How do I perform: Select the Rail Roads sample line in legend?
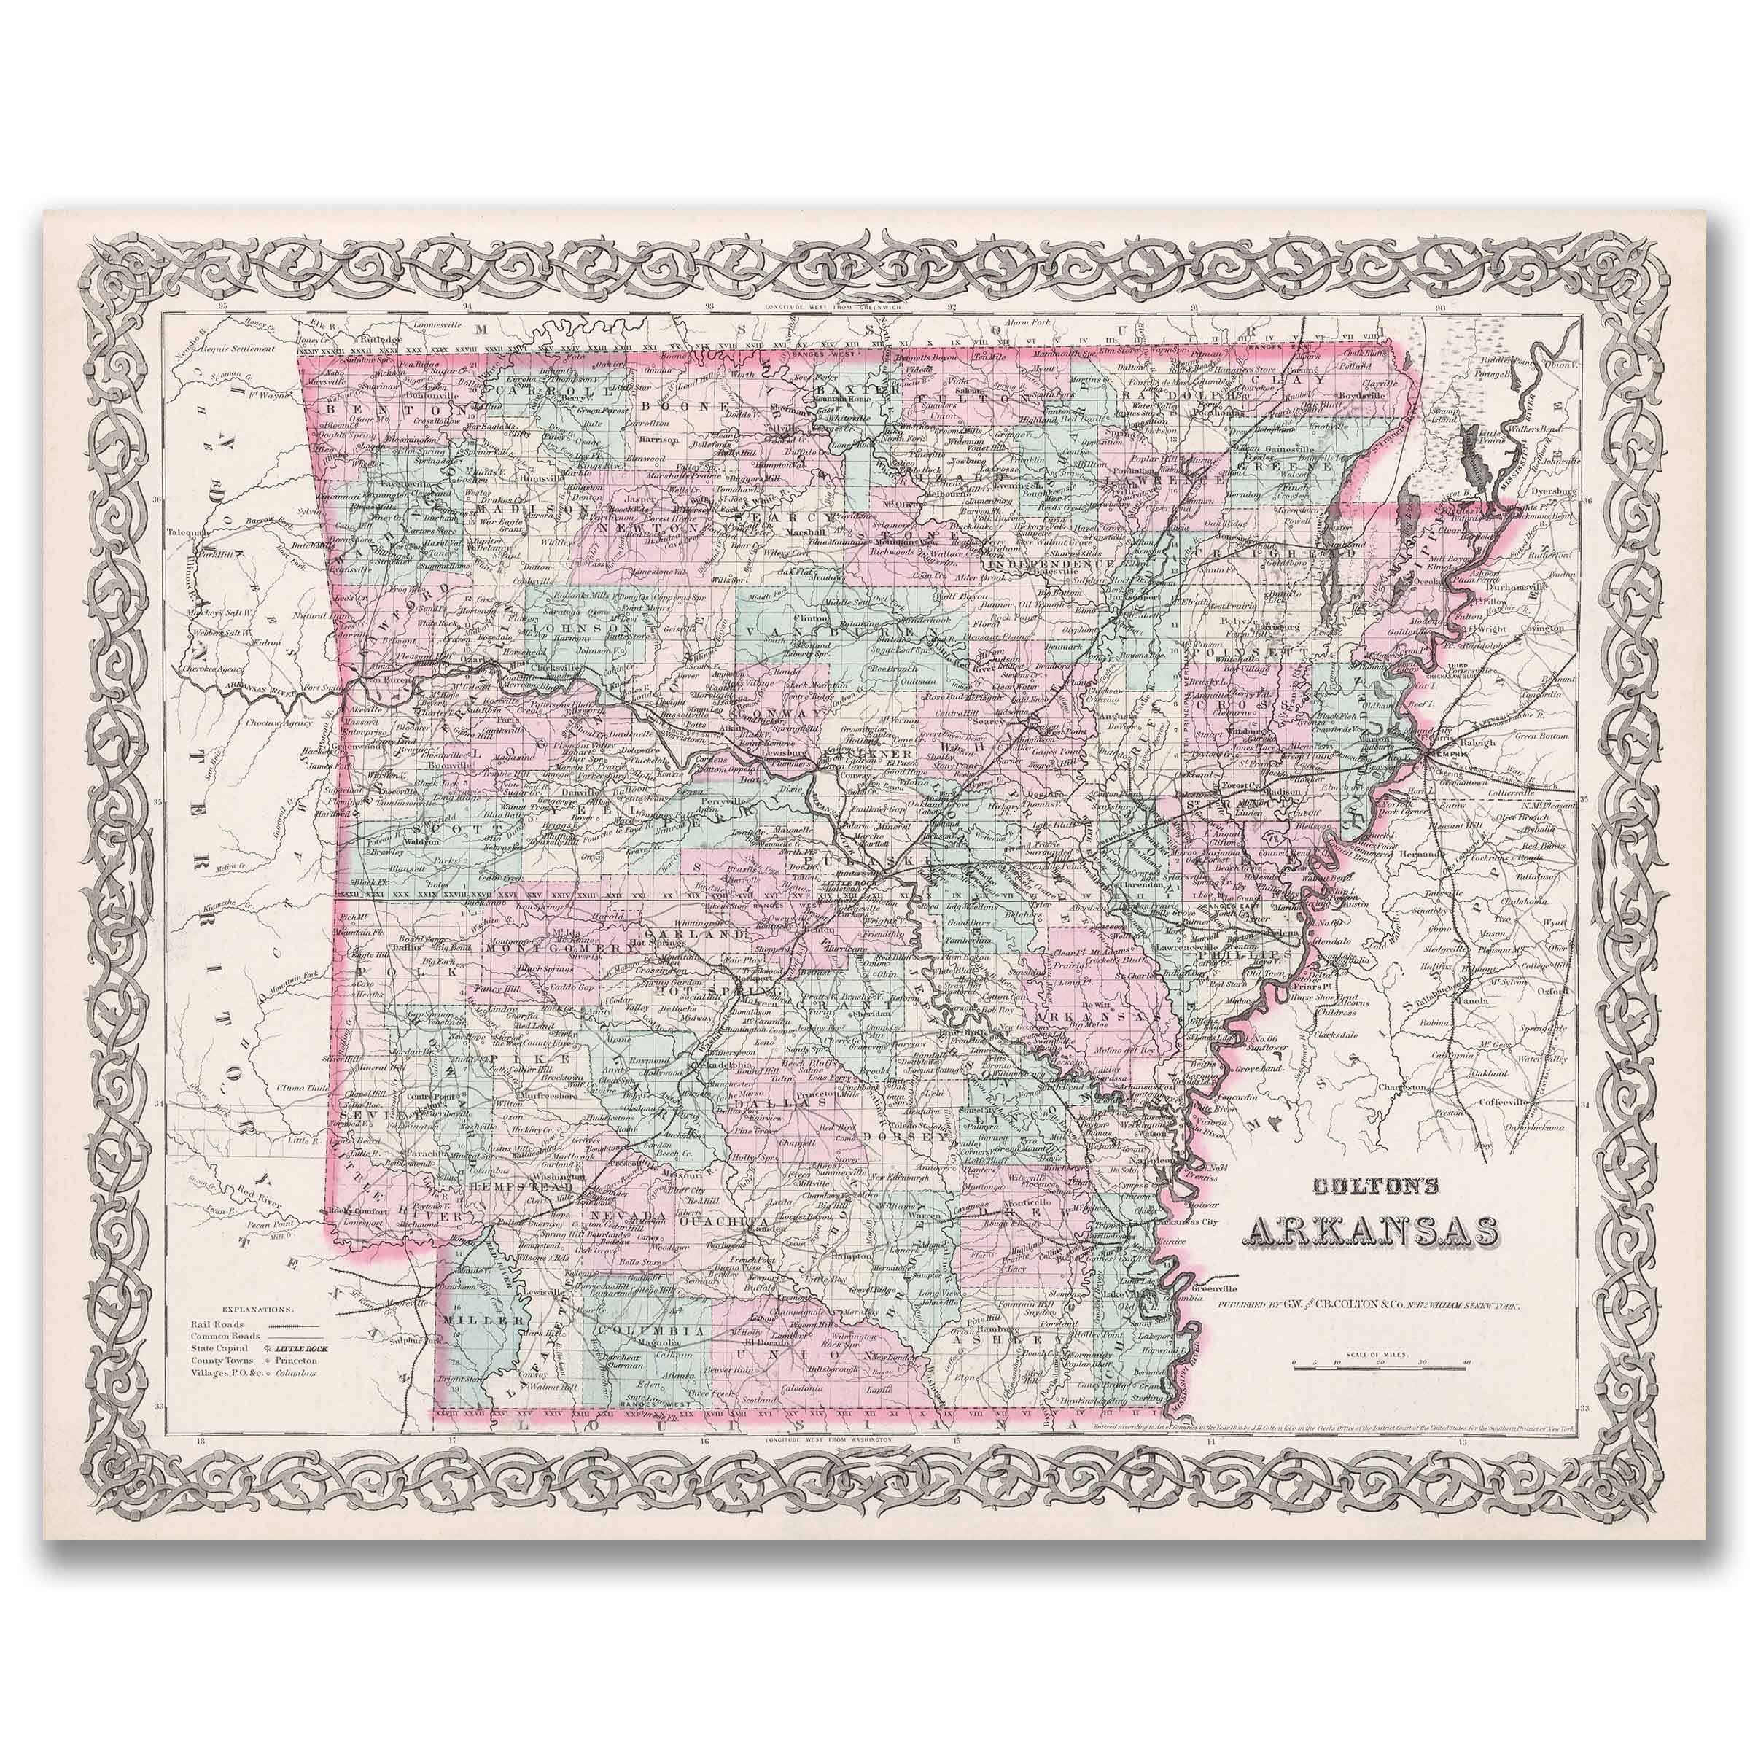[287, 1325]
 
